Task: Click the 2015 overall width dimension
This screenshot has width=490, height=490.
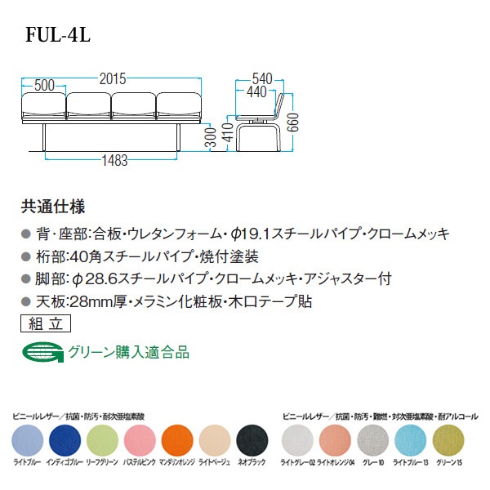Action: pyautogui.click(x=113, y=78)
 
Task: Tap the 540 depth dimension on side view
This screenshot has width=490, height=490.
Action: pyautogui.click(x=261, y=78)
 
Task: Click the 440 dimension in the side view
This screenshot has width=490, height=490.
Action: pyautogui.click(x=256, y=91)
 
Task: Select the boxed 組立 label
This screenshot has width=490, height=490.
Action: pyautogui.click(x=40, y=323)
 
